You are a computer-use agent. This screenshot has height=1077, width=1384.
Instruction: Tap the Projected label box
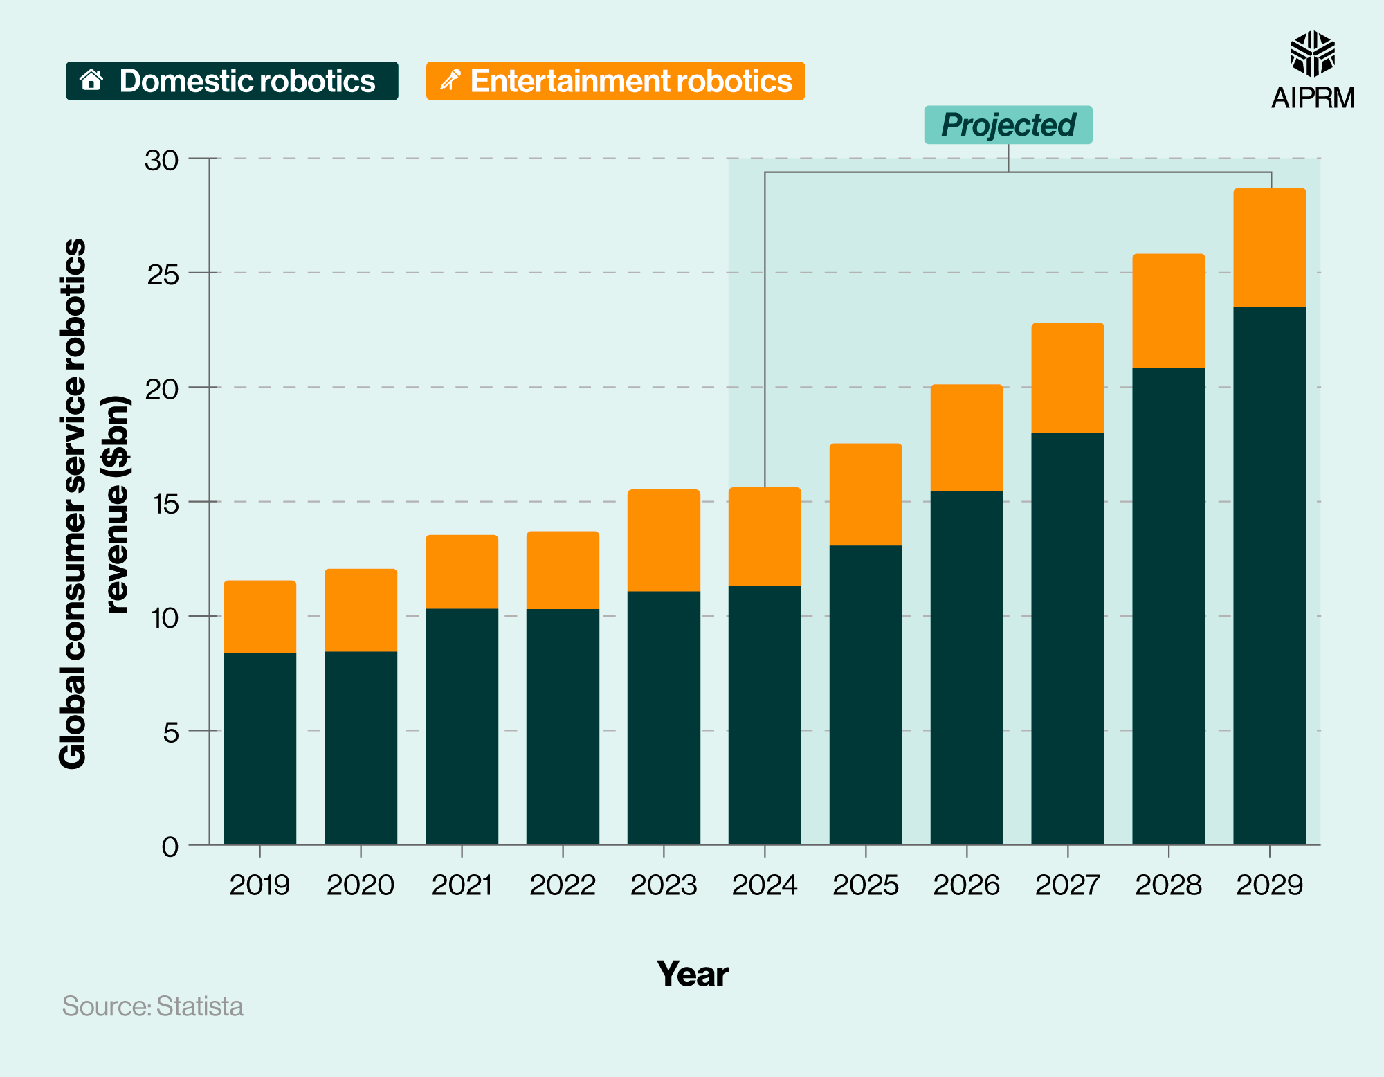click(x=1008, y=125)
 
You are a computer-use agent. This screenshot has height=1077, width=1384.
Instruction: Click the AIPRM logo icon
click(x=1312, y=54)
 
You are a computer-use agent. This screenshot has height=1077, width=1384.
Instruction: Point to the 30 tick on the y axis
click(x=162, y=160)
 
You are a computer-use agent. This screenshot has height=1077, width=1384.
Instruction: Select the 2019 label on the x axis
click(x=259, y=885)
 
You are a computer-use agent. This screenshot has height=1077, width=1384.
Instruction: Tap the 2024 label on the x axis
click(x=764, y=885)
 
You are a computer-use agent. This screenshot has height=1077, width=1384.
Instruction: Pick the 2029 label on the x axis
click(x=1269, y=885)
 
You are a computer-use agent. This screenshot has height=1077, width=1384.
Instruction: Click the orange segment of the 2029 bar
click(x=1269, y=247)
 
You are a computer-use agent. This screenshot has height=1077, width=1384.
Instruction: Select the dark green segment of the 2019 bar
click(x=259, y=748)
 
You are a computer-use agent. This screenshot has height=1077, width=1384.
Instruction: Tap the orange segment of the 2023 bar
click(x=664, y=540)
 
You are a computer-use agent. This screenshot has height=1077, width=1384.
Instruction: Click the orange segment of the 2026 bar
click(x=966, y=437)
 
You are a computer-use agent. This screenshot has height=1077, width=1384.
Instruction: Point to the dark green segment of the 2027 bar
click(x=1067, y=637)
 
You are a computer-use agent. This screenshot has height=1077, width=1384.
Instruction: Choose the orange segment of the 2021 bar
click(x=462, y=572)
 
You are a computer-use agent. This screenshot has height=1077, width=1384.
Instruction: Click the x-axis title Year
click(x=692, y=974)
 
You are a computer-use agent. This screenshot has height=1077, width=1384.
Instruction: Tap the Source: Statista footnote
click(x=153, y=1006)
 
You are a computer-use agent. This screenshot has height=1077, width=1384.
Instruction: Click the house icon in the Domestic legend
click(x=91, y=80)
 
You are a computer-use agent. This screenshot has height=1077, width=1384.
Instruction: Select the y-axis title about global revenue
click(x=93, y=503)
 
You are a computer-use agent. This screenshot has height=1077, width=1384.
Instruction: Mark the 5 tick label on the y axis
click(x=171, y=732)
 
